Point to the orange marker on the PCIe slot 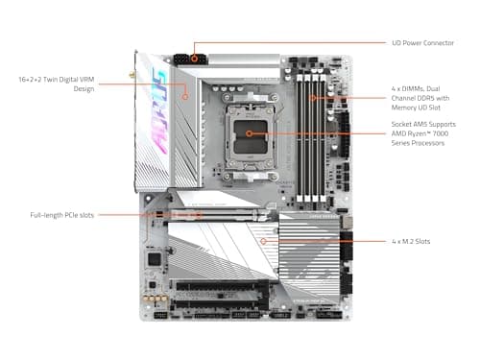(199, 215)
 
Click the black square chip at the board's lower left (153, 259)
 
